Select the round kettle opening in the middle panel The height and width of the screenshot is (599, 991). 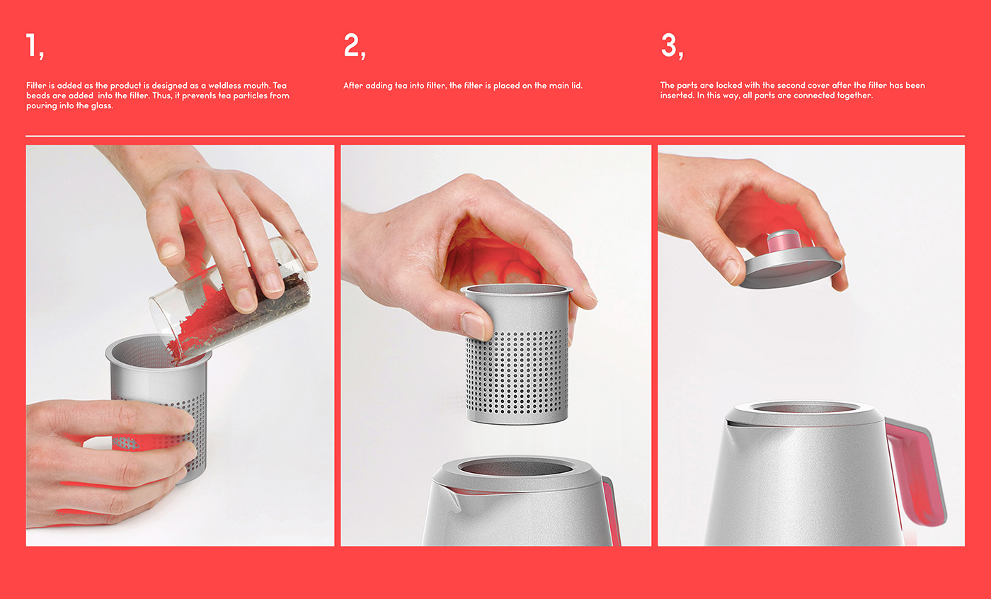pyautogui.click(x=516, y=467)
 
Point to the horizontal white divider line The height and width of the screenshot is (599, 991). pyautogui.click(x=495, y=136)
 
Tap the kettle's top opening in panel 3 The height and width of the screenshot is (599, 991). pyautogui.click(x=803, y=407)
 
